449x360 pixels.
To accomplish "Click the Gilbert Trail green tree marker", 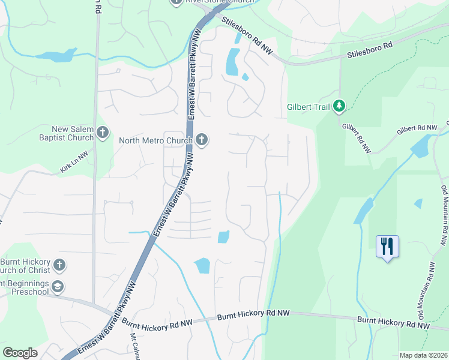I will (x=340, y=106).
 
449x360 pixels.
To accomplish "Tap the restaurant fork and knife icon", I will (x=387, y=245).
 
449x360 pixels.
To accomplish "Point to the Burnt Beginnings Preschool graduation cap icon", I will (x=57, y=286).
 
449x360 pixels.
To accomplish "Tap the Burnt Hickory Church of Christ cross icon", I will (x=59, y=264).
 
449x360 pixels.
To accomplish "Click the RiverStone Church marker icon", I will (x=176, y=2).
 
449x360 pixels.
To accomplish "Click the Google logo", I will (x=20, y=352).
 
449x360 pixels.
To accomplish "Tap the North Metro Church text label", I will (x=155, y=141).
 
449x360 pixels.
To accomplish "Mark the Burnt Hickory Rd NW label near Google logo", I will (x=157, y=323).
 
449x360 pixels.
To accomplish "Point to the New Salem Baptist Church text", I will (x=64, y=133).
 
